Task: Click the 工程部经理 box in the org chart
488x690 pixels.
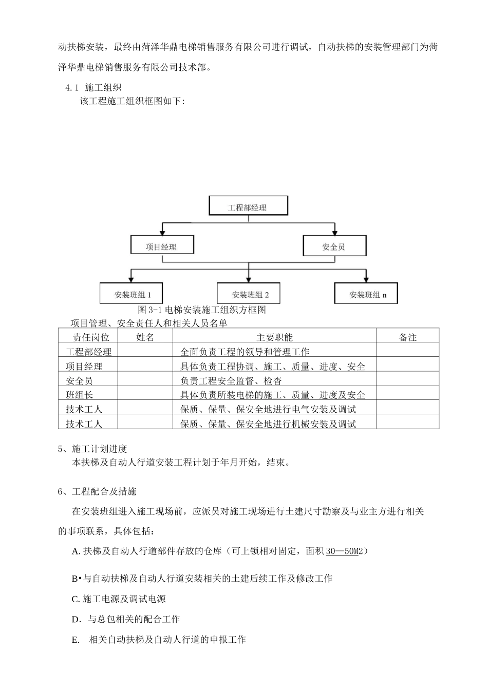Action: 248,206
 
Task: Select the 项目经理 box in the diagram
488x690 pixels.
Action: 161,246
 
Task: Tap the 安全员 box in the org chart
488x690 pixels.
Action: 334,246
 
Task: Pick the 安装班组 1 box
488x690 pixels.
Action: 132,294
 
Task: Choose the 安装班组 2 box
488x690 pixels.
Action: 249,294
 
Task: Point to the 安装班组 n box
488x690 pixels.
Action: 366,294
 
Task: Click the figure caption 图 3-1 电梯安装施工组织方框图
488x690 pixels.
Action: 202,310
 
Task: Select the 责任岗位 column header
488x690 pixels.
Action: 88,337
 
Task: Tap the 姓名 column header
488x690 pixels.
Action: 145,337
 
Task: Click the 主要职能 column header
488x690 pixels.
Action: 274,337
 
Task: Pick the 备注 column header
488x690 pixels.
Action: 407,337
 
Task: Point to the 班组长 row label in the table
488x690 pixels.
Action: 80,395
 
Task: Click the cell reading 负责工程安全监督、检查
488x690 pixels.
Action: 231,381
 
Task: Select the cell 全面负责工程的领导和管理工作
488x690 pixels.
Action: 245,352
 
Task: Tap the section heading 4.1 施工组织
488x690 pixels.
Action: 93,88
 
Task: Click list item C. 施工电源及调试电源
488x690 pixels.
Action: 119,599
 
